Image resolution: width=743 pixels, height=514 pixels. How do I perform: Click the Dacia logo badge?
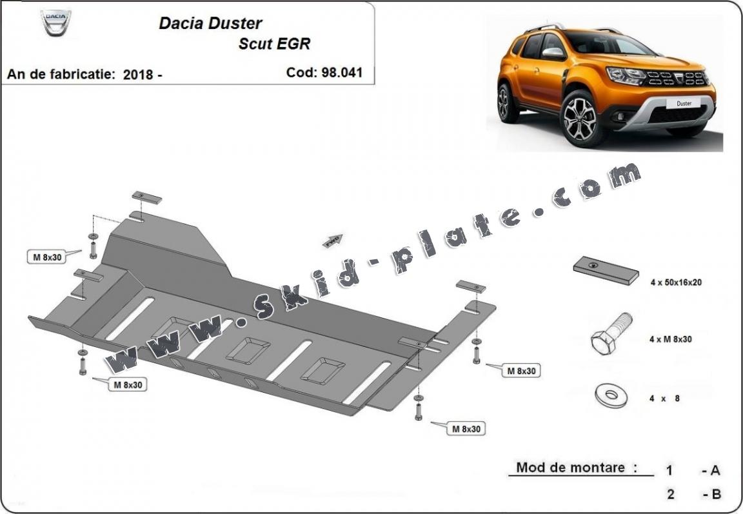pos(56,23)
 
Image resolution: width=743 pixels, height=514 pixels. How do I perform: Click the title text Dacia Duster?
pos(210,23)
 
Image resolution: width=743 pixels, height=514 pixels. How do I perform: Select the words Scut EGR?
pos(274,44)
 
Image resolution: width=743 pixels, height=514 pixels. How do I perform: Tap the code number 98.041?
pos(341,72)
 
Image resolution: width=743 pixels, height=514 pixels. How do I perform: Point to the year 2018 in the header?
pos(137,74)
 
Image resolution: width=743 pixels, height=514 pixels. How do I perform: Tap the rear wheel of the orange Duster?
pos(506,102)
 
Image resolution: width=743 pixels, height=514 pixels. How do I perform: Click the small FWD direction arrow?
pos(333,241)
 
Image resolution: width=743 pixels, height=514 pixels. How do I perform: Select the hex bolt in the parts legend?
pos(611,333)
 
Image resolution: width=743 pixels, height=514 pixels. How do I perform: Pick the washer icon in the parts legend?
pos(611,396)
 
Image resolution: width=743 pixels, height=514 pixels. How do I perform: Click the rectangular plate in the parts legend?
pos(606,270)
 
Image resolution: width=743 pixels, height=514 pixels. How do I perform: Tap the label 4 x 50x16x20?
pos(676,282)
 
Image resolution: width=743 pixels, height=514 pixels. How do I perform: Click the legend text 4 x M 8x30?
pos(671,339)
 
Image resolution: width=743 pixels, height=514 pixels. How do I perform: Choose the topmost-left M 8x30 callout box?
pos(47,257)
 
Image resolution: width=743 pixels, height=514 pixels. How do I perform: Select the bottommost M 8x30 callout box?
pos(466,429)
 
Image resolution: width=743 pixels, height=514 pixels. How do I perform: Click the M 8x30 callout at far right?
pos(521,371)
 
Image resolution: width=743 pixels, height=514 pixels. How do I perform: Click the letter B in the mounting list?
pos(716,494)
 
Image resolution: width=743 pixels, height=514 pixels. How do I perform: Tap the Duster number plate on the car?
pos(683,103)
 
